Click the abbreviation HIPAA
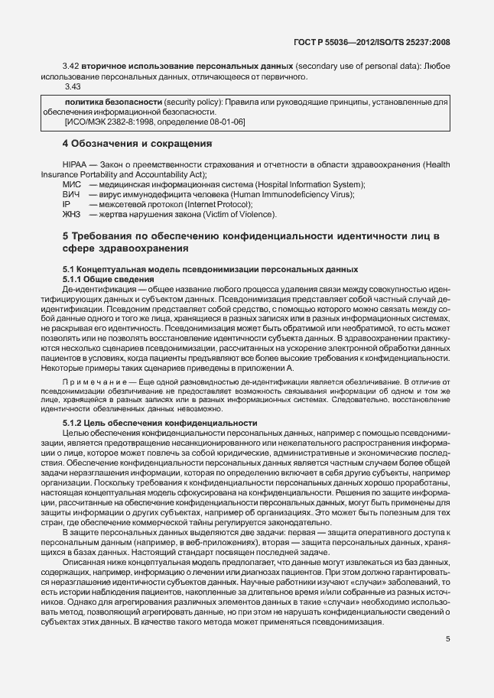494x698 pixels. (74, 165)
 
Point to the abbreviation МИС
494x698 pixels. (71, 185)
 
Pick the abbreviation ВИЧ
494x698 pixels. (71, 195)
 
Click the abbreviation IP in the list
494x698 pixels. (67, 205)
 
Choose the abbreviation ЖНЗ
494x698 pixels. (71, 215)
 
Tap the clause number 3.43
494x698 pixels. (71, 86)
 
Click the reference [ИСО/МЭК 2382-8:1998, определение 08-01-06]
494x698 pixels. (155, 122)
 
